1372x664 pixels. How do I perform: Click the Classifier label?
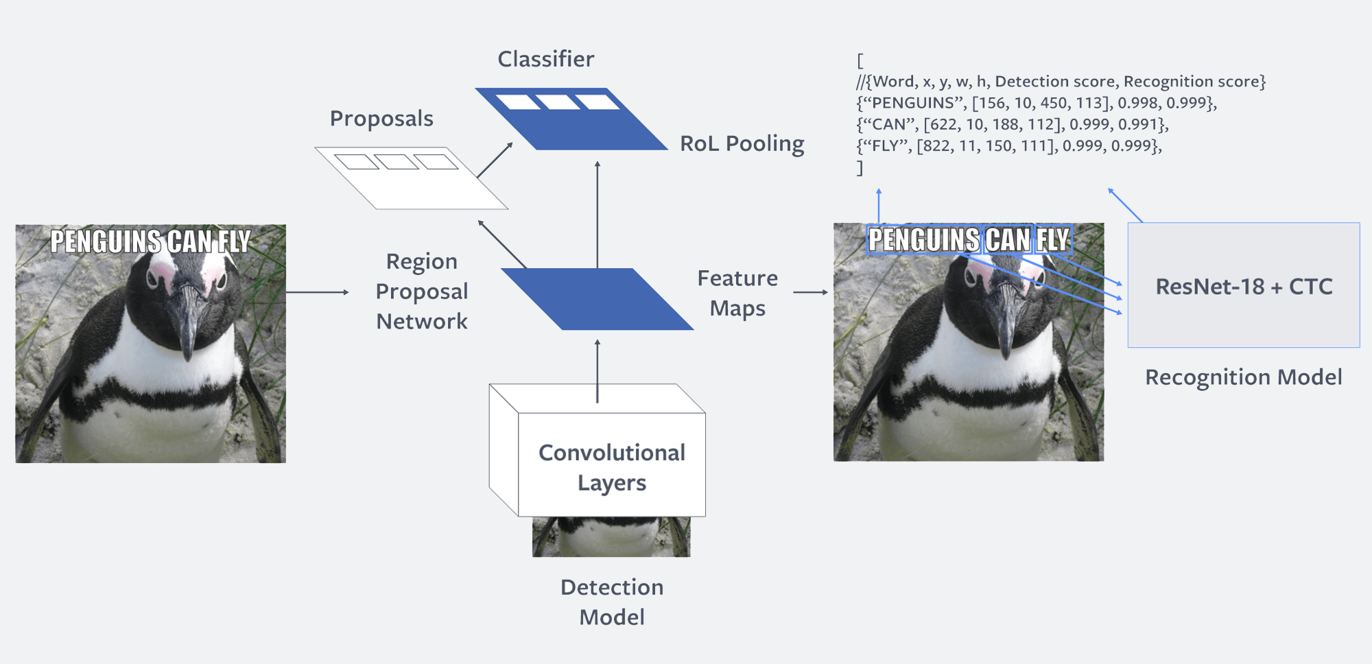[545, 59]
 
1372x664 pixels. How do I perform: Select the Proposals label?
[381, 119]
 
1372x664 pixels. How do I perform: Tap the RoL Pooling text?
[742, 143]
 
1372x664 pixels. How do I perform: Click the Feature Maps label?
[737, 293]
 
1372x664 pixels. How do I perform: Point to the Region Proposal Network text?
[421, 292]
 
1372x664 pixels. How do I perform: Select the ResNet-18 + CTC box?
[1243, 285]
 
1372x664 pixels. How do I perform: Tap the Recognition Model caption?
[1243, 377]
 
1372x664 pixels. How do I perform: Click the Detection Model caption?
[612, 602]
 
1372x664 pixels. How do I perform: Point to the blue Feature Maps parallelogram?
[597, 299]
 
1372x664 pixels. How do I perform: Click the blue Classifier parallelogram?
[571, 119]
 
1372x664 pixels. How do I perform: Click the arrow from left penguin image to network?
[317, 292]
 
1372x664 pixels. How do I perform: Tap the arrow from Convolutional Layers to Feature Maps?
[598, 370]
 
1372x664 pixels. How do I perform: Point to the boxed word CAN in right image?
[1008, 240]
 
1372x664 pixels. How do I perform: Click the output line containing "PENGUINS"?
[1036, 103]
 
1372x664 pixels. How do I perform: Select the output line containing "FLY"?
[1008, 145]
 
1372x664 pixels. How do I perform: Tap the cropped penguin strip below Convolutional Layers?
[611, 536]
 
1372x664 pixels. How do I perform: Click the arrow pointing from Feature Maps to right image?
[810, 292]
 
